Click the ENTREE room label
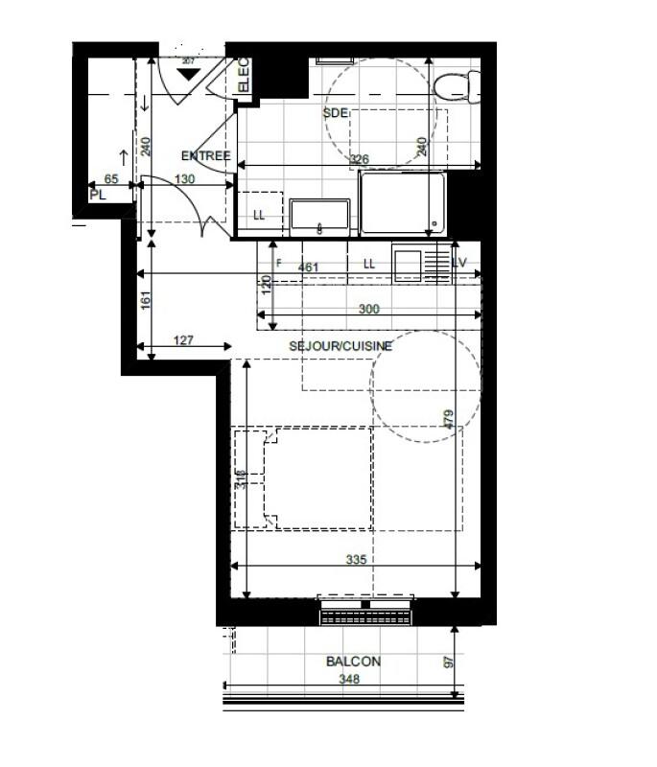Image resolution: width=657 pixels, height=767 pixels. coord(206,155)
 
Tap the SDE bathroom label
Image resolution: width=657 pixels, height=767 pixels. coord(337,113)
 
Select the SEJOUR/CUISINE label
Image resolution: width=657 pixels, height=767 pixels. coord(340,345)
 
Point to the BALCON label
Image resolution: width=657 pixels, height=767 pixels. coord(353,662)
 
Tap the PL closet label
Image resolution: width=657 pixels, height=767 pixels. coord(97,194)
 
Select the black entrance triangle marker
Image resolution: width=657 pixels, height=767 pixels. coord(188,73)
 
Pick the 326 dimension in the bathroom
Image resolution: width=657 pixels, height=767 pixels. coord(359,159)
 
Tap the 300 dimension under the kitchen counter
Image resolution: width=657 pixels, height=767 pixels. coord(368,309)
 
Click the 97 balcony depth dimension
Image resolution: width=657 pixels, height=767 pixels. coord(449,661)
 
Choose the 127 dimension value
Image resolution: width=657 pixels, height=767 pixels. coord(185,339)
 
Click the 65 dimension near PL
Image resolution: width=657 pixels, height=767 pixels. coord(110,179)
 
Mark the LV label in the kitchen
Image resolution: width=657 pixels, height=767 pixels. coord(458,262)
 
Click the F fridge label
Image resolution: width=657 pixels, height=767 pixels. coord(279,262)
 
